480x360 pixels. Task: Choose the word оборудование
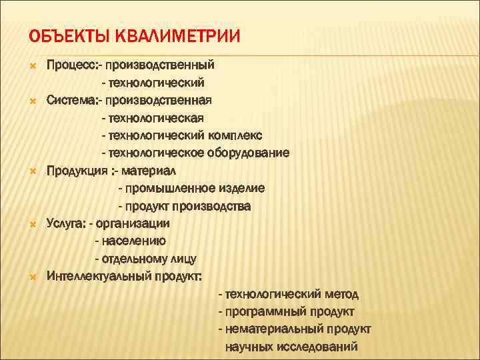(252, 153)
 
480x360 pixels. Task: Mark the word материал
(149, 171)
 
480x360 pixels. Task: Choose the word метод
(341, 293)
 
